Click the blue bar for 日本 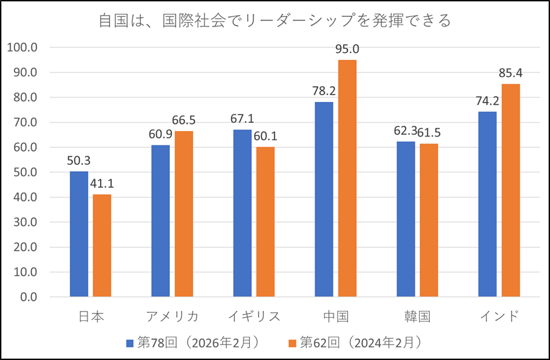point(79,233)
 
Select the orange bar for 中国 point(347,178)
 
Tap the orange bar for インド point(510,190)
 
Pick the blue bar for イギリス point(242,213)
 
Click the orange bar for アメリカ point(184,214)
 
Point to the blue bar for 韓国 point(406,219)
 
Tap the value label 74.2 point(487,101)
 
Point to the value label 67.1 point(242,119)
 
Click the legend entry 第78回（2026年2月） point(193,343)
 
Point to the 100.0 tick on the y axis point(23,47)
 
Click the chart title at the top point(275,21)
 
